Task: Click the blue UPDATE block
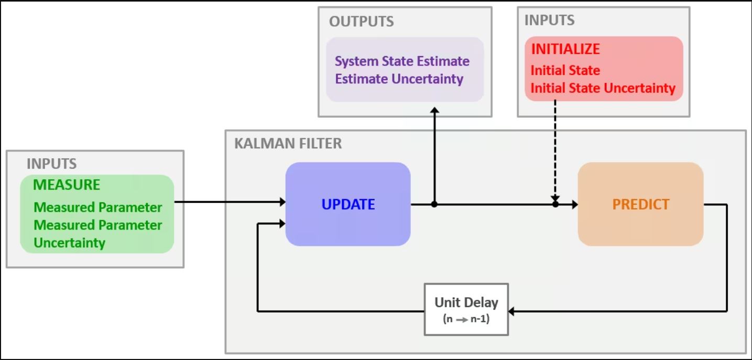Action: [348, 204]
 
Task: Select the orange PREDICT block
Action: [640, 204]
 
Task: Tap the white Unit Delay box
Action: [466, 309]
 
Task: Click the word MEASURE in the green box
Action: [67, 184]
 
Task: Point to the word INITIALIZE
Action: [565, 49]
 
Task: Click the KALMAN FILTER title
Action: [288, 144]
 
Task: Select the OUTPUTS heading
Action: [361, 21]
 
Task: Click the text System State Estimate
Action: [402, 61]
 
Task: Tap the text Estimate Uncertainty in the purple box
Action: [399, 79]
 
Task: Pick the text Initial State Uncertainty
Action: [603, 89]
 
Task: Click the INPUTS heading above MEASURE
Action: [52, 164]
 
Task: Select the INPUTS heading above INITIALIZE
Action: [550, 20]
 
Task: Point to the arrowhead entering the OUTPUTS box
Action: [435, 110]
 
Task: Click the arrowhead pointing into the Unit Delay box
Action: [511, 311]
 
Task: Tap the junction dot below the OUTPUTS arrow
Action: [434, 204]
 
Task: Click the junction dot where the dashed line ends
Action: [555, 204]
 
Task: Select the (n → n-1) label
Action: [466, 319]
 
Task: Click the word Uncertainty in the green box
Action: [70, 243]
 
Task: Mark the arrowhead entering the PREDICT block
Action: [575, 204]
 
